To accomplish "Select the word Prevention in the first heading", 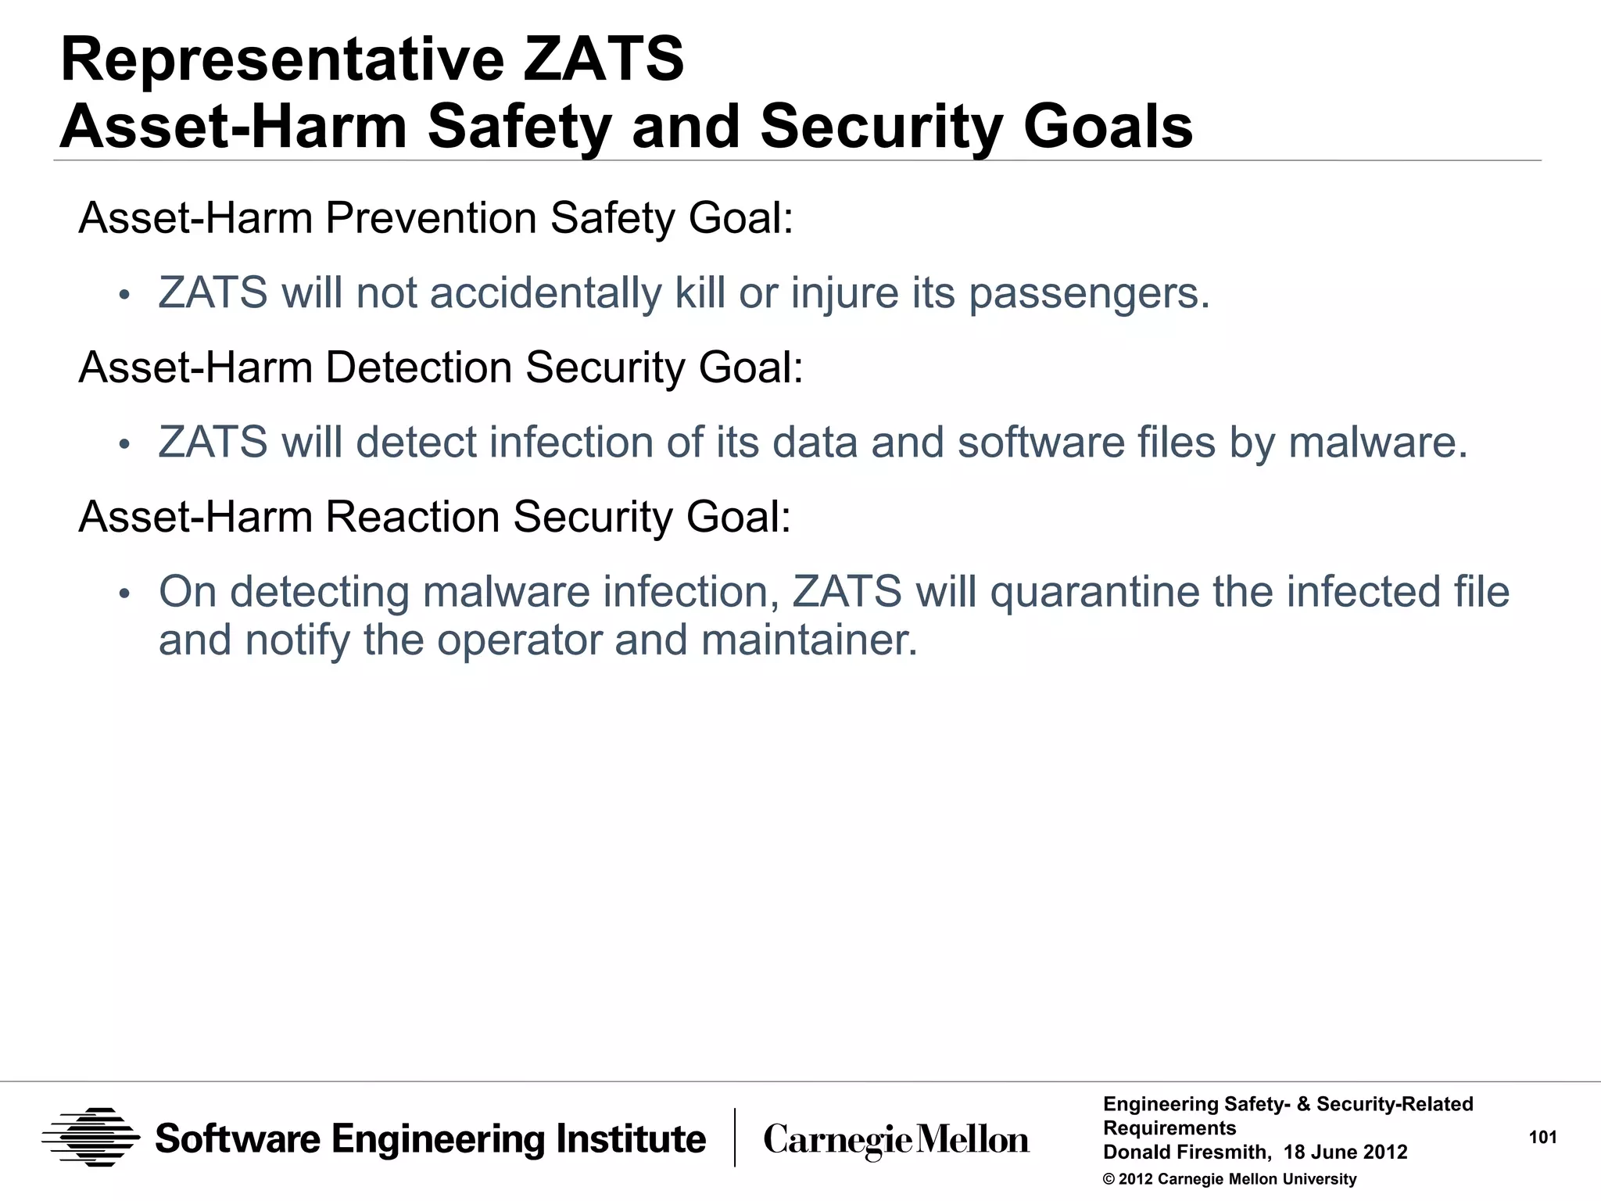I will click(x=430, y=218).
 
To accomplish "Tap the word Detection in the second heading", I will click(x=417, y=367).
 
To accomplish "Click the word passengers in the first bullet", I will click(x=1088, y=294).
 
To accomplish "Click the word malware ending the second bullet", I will click(x=1377, y=443).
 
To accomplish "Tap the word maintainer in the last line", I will click(x=808, y=640).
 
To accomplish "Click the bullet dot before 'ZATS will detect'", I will click(x=123, y=445).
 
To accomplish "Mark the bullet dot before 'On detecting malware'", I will click(x=123, y=594).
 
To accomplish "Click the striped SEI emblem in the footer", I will click(x=91, y=1138).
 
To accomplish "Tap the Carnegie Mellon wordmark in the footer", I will click(x=896, y=1140).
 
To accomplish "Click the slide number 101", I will click(x=1542, y=1138).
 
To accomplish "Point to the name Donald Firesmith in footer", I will click(x=1185, y=1153).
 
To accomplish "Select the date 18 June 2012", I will click(x=1345, y=1153).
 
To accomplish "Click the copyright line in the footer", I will click(x=1229, y=1179).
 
